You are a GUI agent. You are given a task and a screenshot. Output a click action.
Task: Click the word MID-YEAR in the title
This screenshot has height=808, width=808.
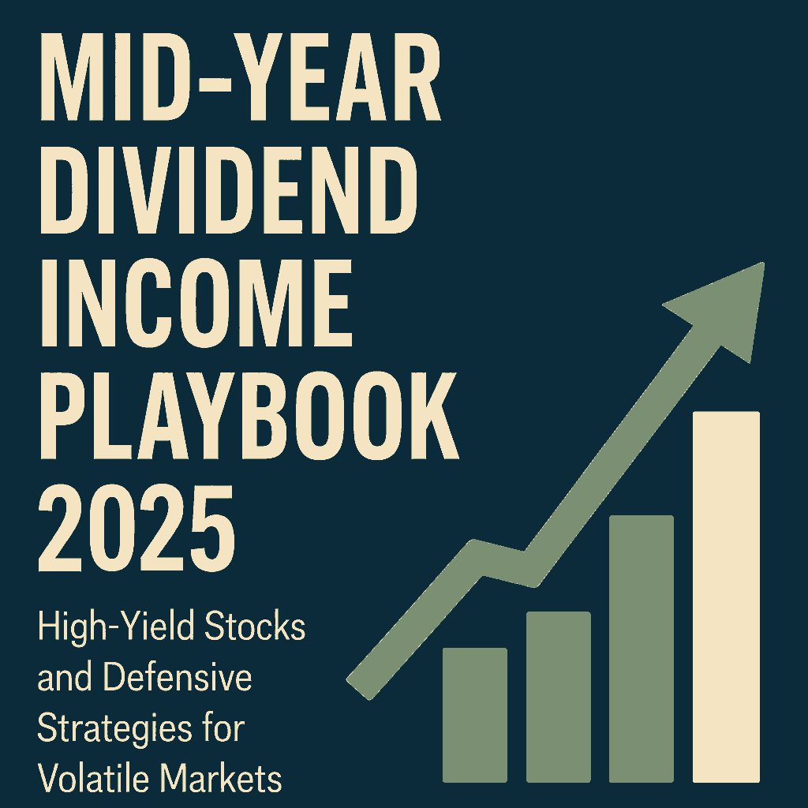click(x=240, y=77)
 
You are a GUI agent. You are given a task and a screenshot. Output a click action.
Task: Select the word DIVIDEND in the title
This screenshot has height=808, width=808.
click(x=229, y=190)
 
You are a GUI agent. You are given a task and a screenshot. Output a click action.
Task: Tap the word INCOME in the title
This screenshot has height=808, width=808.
click(x=196, y=303)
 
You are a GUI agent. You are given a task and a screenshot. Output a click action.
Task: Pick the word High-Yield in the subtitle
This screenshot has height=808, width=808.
click(x=117, y=628)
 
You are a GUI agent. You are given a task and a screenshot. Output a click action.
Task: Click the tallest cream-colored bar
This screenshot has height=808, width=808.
click(x=726, y=597)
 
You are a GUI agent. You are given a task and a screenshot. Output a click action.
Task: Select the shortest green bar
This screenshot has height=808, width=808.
click(x=474, y=715)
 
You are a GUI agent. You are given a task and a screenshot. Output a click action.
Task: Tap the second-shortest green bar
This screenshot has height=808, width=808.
click(x=558, y=698)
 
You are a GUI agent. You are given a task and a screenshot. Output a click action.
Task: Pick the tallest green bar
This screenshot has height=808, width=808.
click(x=642, y=649)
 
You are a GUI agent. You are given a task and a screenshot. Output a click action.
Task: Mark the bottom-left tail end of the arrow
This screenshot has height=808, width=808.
click(x=358, y=690)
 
